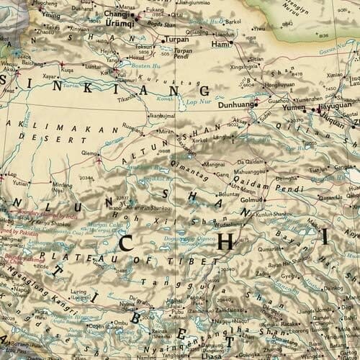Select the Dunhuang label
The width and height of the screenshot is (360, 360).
237,102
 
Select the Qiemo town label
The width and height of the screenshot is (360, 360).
90,153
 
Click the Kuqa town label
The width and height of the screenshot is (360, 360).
67,71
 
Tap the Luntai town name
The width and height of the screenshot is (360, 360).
94,66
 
